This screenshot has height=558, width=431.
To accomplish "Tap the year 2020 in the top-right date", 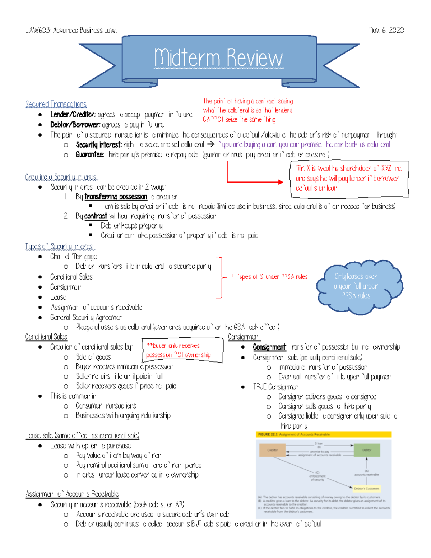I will click(x=396, y=30).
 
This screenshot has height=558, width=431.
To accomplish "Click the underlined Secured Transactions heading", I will click(x=56, y=104).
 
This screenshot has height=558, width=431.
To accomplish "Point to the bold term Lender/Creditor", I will click(x=73, y=115).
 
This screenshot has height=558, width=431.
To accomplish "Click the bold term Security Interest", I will click(x=98, y=144).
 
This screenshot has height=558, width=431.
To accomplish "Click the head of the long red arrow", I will click(x=281, y=182).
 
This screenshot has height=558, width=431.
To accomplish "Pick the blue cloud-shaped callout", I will click(x=359, y=286).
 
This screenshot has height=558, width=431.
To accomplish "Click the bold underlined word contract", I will click(x=96, y=216).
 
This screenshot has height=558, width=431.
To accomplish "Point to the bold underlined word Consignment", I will click(x=269, y=347).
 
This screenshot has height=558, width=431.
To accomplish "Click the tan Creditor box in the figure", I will click(x=273, y=450).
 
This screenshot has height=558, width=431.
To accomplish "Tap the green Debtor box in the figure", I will click(x=367, y=450).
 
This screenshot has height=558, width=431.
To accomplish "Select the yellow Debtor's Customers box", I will click(x=366, y=488).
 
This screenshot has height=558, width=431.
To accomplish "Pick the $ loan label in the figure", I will click(x=319, y=444).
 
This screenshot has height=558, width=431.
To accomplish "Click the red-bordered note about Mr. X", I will click(x=349, y=178).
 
